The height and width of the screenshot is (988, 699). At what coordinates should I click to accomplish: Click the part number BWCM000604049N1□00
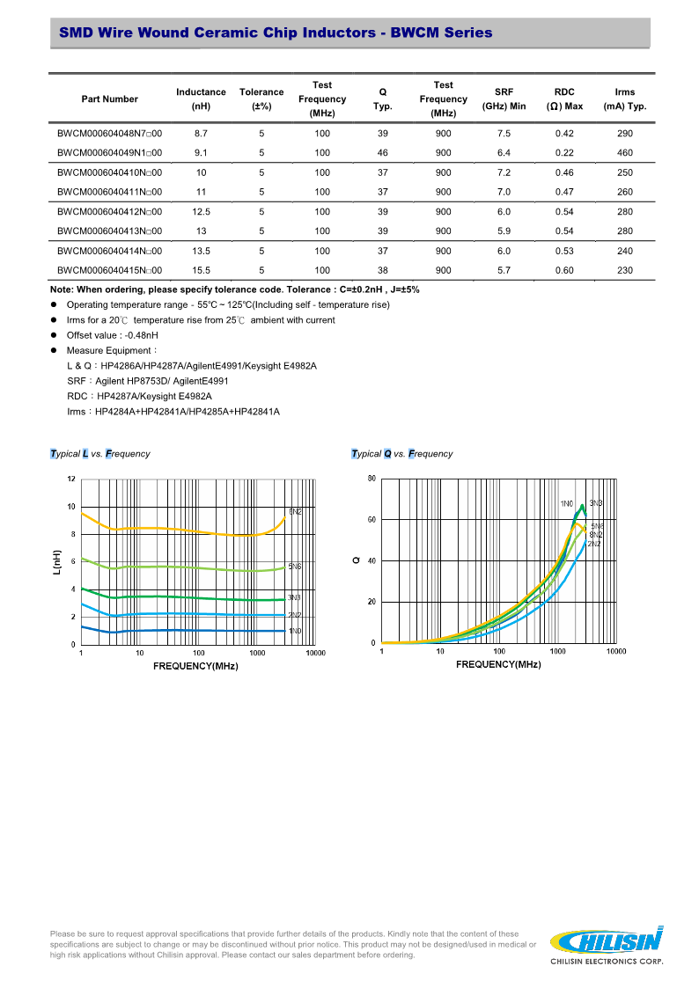[109, 153]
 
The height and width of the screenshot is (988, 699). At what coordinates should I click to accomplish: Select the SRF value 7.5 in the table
[504, 134]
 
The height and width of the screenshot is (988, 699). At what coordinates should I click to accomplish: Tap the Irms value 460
[625, 153]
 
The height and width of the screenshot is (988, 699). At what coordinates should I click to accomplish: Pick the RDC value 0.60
[564, 271]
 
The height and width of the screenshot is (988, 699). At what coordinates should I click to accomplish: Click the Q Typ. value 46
[382, 153]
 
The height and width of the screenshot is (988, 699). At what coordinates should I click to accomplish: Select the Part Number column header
[109, 99]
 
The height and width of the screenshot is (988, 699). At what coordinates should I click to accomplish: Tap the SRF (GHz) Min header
[504, 99]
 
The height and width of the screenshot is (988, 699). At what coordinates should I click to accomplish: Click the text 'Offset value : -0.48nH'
[112, 335]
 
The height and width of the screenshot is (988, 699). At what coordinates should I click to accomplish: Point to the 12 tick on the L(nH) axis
[71, 479]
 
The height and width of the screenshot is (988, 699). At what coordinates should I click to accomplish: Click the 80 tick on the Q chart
[372, 479]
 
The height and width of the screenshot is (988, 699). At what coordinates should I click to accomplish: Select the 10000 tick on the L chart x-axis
[315, 653]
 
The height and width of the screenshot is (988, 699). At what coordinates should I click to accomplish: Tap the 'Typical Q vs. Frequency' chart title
[401, 454]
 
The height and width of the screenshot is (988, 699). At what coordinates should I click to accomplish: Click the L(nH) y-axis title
[57, 563]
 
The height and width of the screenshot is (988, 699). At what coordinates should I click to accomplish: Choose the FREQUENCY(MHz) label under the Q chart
[498, 664]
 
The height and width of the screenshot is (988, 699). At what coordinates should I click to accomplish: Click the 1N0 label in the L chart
[295, 631]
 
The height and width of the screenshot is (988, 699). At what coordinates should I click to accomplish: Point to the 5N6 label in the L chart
[295, 567]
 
